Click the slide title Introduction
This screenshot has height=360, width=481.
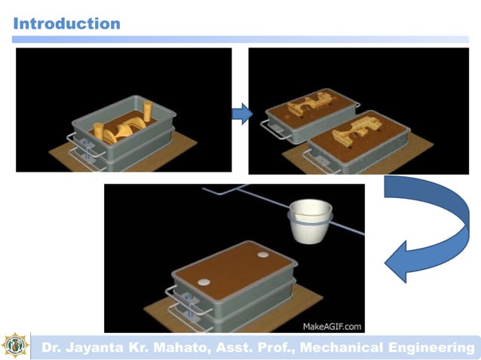[67, 23]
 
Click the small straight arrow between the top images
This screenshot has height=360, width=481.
[241, 114]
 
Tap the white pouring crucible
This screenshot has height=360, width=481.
[312, 221]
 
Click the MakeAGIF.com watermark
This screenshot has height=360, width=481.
[332, 326]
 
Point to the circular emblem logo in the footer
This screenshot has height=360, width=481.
[16, 346]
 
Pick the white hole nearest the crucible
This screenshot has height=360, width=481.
[263, 255]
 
